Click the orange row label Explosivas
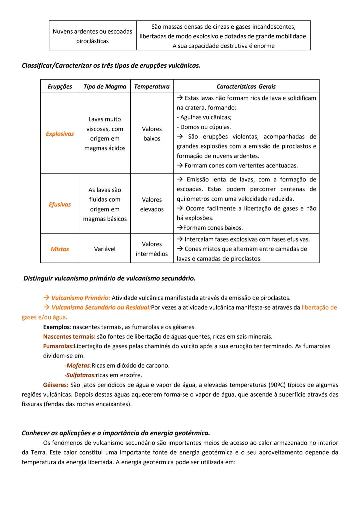(x=60, y=134)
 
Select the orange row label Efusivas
(x=60, y=204)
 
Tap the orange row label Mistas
(x=60, y=249)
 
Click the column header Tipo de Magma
(x=105, y=86)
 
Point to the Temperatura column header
(x=152, y=86)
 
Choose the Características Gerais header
(x=246, y=86)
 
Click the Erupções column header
(x=60, y=86)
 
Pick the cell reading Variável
(x=105, y=249)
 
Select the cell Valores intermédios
(x=152, y=249)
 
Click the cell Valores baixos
(x=152, y=134)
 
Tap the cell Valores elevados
(x=152, y=204)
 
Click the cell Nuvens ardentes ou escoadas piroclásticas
(x=92, y=36)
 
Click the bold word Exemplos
(x=56, y=327)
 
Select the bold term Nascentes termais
(x=69, y=337)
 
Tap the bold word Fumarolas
(x=58, y=346)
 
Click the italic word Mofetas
(x=78, y=366)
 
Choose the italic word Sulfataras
(x=80, y=375)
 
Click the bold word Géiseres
(x=56, y=385)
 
